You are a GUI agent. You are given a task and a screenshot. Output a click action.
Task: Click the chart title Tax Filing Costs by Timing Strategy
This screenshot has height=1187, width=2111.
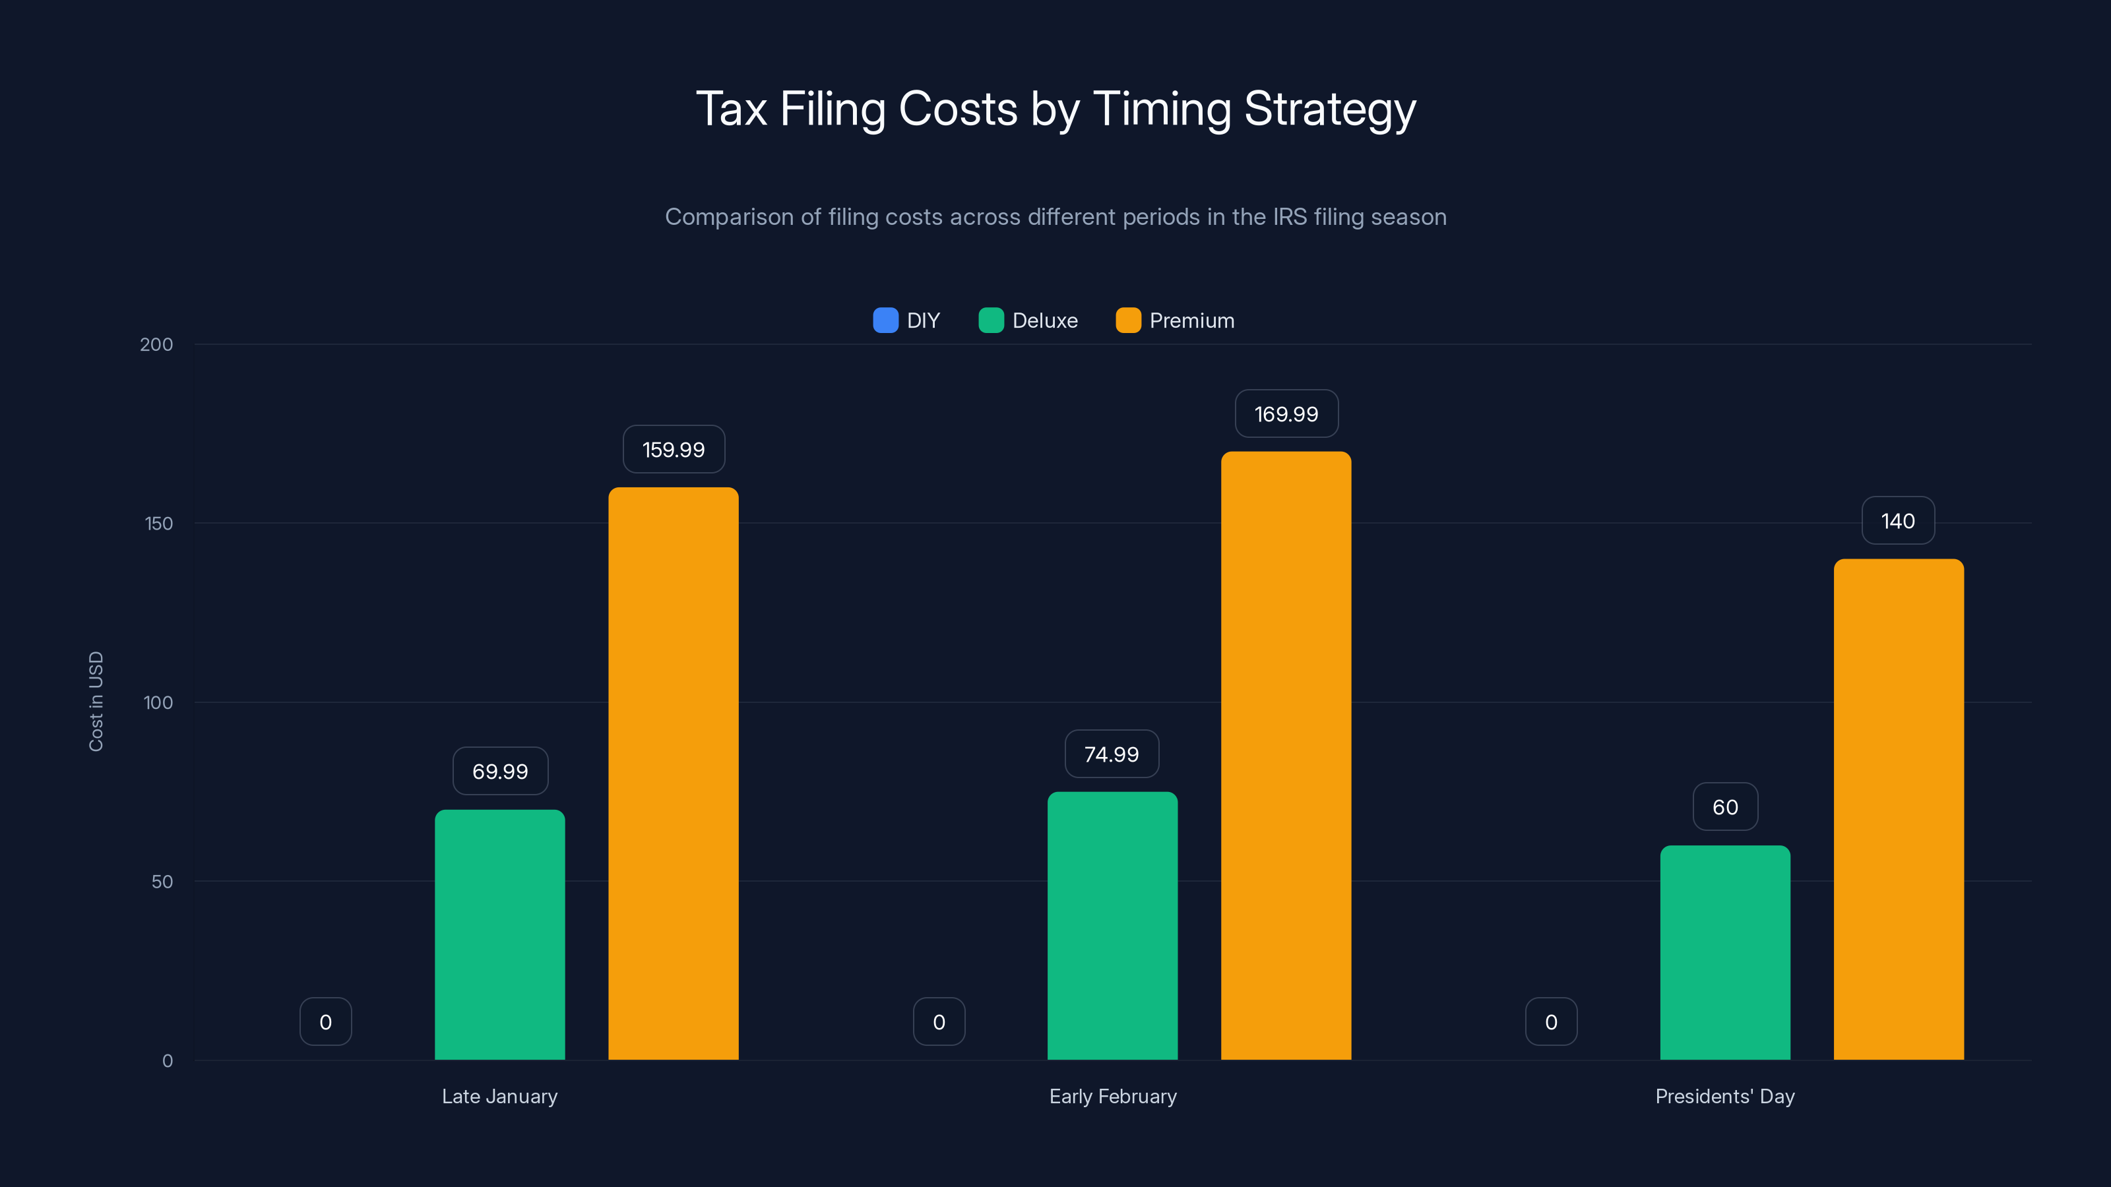point(1055,109)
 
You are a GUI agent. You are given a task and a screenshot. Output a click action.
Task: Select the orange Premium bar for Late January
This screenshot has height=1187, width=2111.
point(673,774)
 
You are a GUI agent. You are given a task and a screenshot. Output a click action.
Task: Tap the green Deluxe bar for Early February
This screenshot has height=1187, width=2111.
point(1112,926)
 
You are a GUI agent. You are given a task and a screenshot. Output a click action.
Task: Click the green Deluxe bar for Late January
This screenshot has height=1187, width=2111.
point(499,934)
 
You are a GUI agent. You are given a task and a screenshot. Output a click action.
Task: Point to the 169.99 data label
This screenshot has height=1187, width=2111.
point(1286,413)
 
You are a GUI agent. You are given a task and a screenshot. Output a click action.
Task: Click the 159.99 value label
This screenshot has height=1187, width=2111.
point(673,450)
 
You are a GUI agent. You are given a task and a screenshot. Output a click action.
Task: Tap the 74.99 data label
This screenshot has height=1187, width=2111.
point(1111,754)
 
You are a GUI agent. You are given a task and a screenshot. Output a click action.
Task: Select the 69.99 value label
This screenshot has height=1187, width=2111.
point(500,771)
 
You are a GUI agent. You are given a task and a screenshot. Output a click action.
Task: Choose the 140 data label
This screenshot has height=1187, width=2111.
point(1897,521)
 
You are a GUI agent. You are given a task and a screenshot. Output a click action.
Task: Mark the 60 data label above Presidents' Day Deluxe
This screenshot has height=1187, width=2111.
point(1725,807)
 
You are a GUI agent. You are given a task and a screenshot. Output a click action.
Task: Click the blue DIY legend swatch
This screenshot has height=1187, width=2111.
point(885,320)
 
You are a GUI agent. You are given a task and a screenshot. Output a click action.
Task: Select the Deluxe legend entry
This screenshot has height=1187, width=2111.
point(1029,320)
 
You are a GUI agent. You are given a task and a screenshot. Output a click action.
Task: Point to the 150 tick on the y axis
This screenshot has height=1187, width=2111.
point(158,524)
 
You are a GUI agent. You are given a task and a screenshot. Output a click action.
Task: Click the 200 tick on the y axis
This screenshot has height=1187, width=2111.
point(156,344)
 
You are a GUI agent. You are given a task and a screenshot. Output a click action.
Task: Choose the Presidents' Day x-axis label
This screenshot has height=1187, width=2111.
point(1724,1096)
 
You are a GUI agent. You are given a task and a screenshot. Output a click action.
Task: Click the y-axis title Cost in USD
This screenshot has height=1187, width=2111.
point(96,701)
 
